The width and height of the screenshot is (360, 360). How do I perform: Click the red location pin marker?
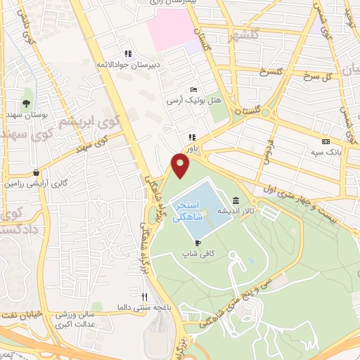(181, 165)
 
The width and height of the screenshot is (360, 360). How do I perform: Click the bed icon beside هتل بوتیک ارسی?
(193, 90)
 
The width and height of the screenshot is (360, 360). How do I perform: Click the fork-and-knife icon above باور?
(191, 138)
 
